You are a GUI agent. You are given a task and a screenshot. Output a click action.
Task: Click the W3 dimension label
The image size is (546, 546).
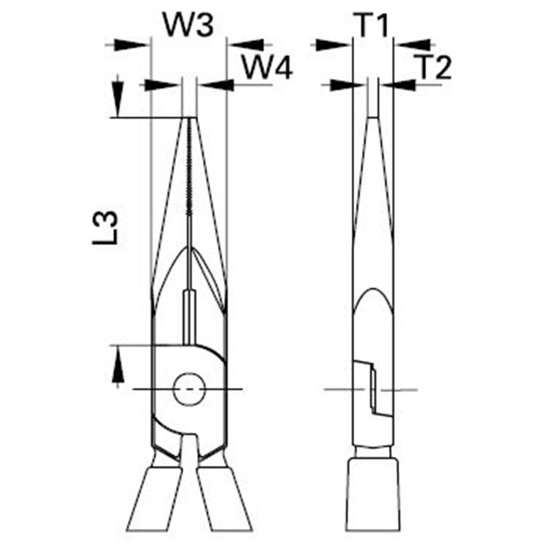coord(188,25)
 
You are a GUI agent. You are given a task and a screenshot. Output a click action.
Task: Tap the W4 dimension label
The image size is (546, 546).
coord(267,68)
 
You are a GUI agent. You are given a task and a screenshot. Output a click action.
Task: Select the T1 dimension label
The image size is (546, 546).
coord(373,25)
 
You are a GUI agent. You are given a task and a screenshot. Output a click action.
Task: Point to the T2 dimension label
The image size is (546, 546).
coord(434,67)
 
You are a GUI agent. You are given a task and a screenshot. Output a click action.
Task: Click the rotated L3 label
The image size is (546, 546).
coord(105,229)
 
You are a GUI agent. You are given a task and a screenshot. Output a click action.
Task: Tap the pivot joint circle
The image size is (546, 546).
coord(188,389)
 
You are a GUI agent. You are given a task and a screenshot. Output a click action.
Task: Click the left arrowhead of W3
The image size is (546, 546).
coord(133,44)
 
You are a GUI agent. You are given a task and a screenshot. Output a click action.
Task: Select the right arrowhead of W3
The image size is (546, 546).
coord(246,44)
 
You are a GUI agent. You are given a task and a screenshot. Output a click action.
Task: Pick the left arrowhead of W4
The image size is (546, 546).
coord(162,85)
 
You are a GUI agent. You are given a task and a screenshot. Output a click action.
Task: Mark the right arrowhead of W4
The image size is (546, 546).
coord(216,85)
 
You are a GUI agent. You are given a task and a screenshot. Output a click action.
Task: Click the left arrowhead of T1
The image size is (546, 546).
coord(333,44)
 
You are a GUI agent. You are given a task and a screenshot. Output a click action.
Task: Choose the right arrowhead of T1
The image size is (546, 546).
coord(413,44)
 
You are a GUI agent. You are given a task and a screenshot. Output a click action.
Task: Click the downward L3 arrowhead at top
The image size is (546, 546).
coord(118,99)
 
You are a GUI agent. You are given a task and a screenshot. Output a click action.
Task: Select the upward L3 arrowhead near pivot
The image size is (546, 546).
coord(117,366)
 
